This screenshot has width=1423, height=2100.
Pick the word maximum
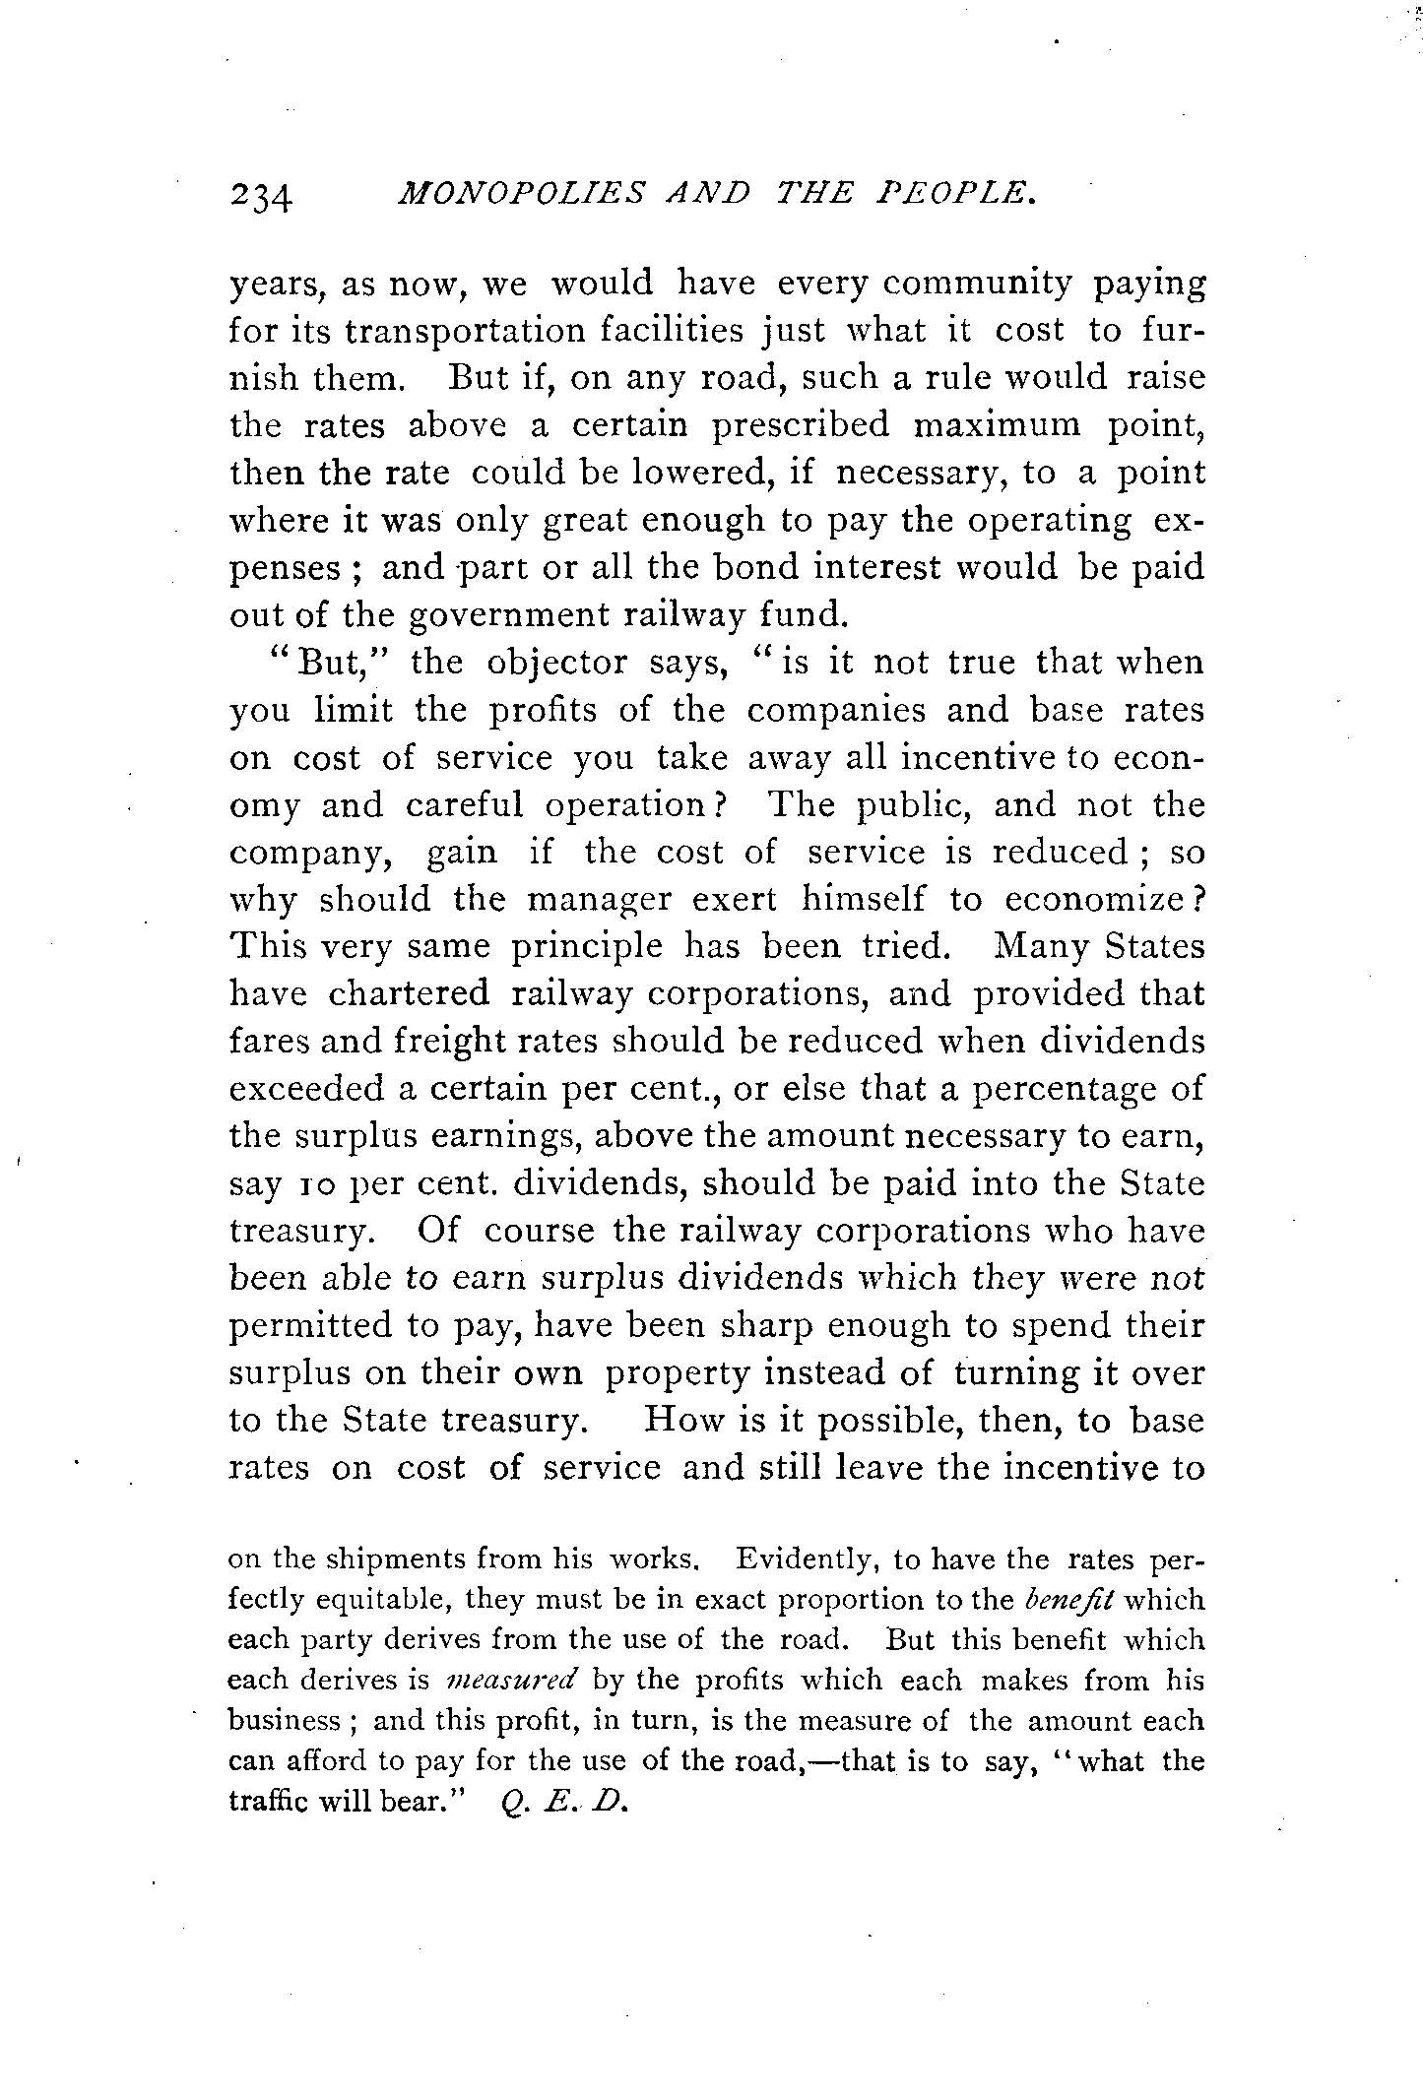(x=996, y=426)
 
